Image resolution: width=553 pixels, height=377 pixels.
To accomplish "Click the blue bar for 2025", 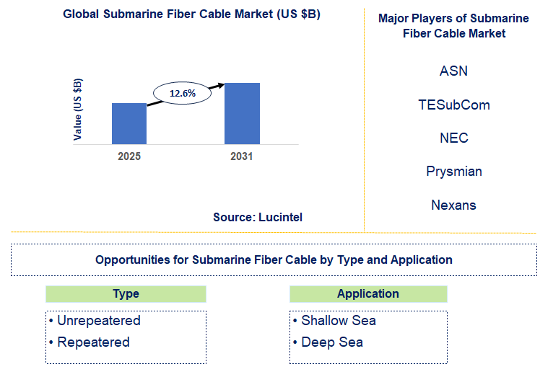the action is pos(129,123).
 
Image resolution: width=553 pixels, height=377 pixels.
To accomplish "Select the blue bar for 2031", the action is pos(242,114).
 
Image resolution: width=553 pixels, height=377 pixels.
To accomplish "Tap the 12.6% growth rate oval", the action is pos(183,93).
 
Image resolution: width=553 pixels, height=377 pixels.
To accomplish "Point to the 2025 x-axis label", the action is pos(129,156).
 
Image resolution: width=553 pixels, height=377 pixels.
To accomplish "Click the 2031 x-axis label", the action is pos(242,156).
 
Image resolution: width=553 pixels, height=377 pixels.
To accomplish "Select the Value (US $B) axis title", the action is pos(77,110).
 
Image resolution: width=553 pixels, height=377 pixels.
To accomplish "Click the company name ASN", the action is pos(453,71).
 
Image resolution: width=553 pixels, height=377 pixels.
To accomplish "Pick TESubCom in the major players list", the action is pos(454,105).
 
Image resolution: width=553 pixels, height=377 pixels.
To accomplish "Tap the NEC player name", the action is pos(454,138).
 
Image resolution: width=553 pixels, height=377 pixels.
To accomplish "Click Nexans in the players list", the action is pos(453,205).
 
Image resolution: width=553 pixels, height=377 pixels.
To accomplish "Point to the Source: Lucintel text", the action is pos(258,217).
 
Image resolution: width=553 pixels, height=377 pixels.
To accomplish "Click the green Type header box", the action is pos(126,294).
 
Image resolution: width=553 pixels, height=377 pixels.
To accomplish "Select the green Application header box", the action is pos(368,294).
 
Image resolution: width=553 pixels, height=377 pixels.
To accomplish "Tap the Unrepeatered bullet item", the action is pos(95,321).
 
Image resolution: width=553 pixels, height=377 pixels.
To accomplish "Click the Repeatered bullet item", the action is pos(90,342).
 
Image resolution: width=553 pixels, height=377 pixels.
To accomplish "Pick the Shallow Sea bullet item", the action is pos(335,321).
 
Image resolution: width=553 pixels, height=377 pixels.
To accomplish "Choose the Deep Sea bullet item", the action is pos(328,342).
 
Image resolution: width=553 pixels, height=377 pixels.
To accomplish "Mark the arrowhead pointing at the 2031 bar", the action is pos(221,85).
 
